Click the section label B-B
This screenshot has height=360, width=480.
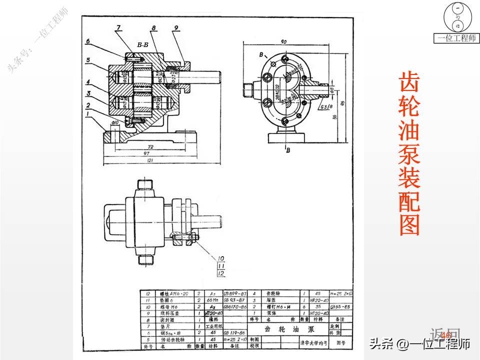(x=142, y=45)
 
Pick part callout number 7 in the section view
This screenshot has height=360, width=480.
(x=118, y=27)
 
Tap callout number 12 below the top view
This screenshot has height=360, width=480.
(x=220, y=273)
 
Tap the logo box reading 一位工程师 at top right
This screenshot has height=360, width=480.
(x=457, y=38)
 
